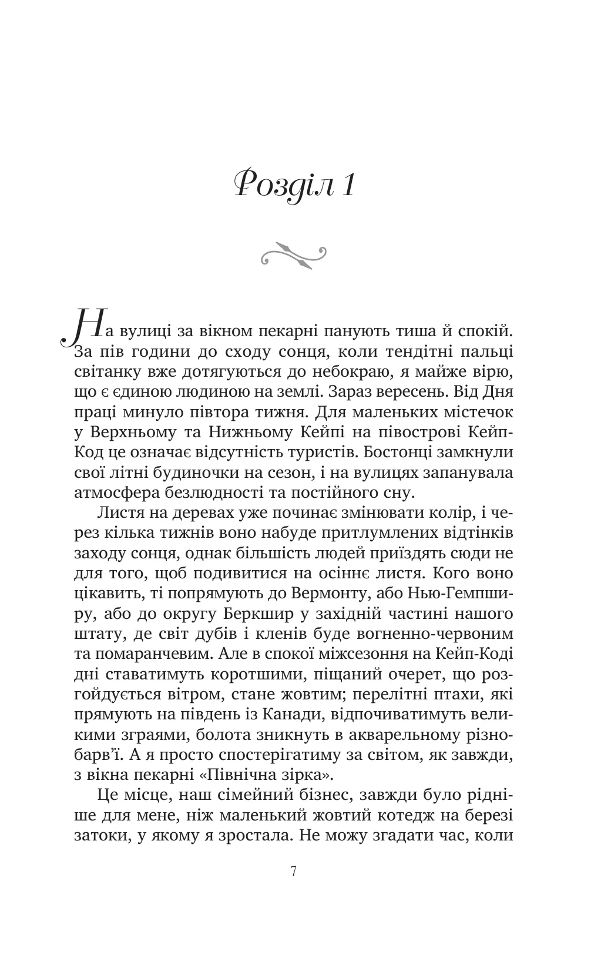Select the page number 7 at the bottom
tap(294, 871)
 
